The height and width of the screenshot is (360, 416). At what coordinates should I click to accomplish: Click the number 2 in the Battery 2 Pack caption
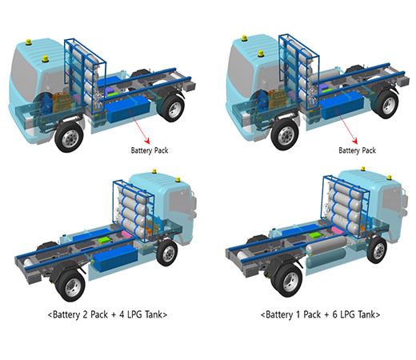coord(85,314)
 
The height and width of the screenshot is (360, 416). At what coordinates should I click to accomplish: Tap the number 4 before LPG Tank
coord(122,314)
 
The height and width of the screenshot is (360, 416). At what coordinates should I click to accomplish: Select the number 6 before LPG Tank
coord(335,314)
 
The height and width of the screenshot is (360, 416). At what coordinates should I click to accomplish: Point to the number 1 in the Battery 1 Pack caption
coord(298,314)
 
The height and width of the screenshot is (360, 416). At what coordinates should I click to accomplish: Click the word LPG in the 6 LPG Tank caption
coord(348,314)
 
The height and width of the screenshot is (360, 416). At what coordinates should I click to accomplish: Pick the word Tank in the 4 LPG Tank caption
coord(154,314)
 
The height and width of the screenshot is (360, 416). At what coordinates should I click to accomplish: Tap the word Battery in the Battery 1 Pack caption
coord(279,314)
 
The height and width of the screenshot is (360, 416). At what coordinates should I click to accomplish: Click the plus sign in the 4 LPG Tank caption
coord(114,314)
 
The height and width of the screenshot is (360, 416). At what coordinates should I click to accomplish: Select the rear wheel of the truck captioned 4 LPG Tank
coord(70,285)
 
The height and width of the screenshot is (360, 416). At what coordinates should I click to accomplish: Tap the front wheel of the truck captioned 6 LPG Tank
coord(378,250)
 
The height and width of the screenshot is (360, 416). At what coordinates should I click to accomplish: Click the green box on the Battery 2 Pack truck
coord(104,240)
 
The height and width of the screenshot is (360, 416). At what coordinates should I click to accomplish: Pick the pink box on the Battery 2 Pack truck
coord(128,234)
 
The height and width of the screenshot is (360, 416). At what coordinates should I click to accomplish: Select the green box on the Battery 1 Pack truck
coord(315,235)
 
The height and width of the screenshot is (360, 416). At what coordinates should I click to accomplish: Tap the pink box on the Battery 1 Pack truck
coord(338,230)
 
